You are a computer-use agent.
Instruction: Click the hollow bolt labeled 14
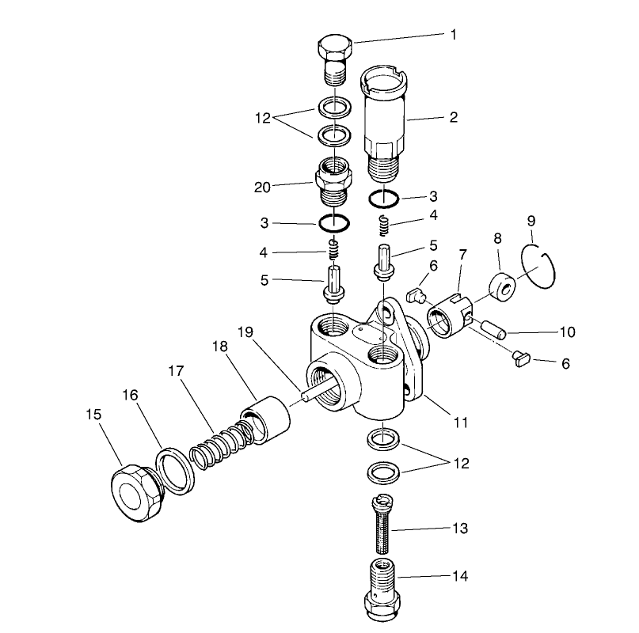coord(382,589)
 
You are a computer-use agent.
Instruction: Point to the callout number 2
coord(454,118)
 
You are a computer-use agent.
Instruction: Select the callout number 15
coord(94,412)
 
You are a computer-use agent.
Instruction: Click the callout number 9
coord(531,219)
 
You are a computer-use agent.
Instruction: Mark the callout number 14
coord(459,577)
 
